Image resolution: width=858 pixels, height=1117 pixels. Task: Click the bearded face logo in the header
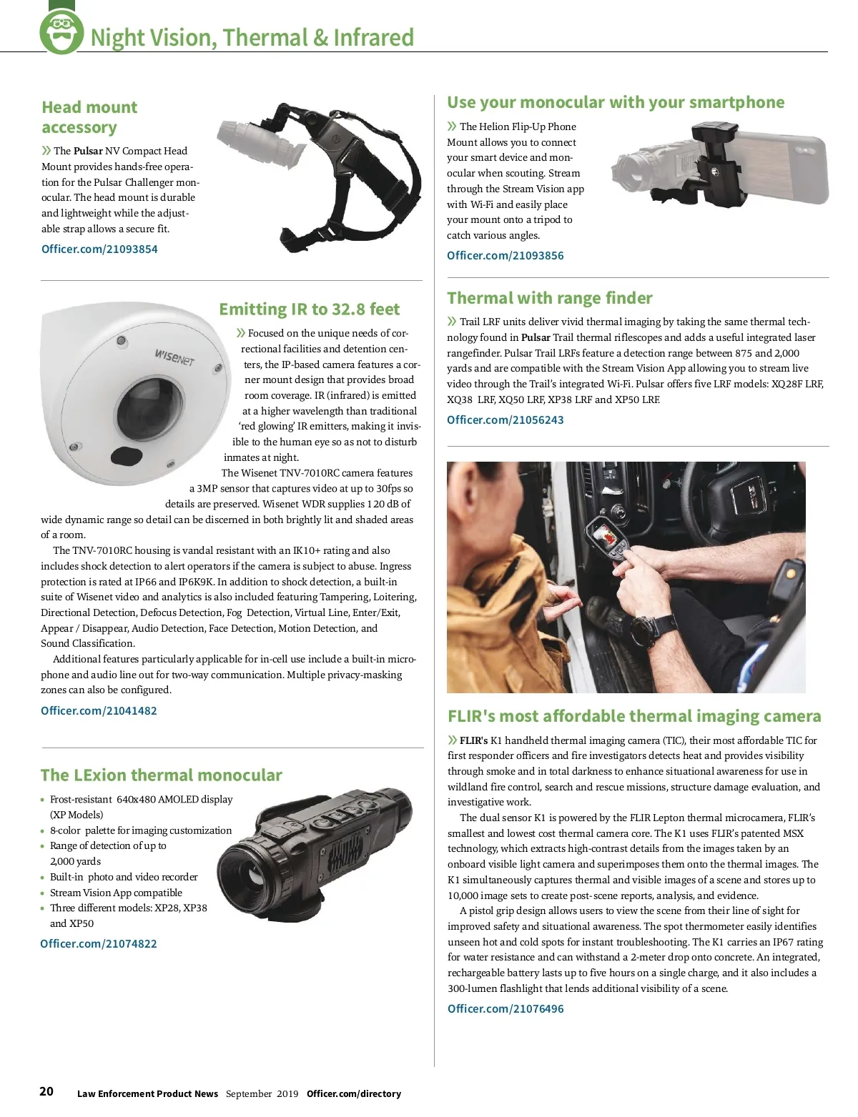(x=61, y=32)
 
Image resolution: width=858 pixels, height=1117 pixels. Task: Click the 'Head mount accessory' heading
(x=89, y=117)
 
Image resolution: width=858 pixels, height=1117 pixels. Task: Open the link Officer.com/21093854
(x=99, y=249)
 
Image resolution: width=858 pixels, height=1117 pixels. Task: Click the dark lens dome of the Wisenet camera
(x=149, y=407)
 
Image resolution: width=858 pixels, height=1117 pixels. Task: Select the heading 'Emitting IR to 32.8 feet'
(x=309, y=309)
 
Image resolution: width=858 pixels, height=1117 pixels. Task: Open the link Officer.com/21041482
(x=99, y=711)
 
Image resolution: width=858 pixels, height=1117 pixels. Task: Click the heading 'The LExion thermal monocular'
(x=161, y=775)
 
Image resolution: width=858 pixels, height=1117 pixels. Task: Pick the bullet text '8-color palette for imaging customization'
(x=141, y=830)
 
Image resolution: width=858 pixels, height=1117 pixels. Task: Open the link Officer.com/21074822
(x=99, y=944)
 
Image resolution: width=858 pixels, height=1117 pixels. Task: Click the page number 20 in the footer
(x=46, y=1092)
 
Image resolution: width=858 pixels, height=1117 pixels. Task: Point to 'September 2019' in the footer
(x=262, y=1094)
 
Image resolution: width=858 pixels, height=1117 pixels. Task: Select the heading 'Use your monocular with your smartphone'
(x=616, y=103)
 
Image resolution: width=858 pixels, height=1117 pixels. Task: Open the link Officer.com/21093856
(x=505, y=256)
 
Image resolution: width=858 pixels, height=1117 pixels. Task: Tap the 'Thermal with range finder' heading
(x=550, y=299)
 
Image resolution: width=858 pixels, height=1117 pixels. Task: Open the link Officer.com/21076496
(x=506, y=1009)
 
